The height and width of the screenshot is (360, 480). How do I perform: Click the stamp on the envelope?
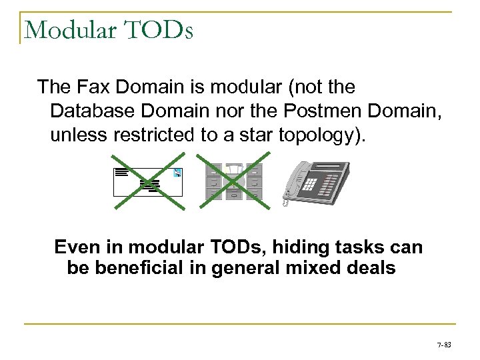177,173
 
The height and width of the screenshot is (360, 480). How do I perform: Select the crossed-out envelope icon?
148,181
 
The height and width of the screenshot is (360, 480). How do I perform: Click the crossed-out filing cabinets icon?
231,180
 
